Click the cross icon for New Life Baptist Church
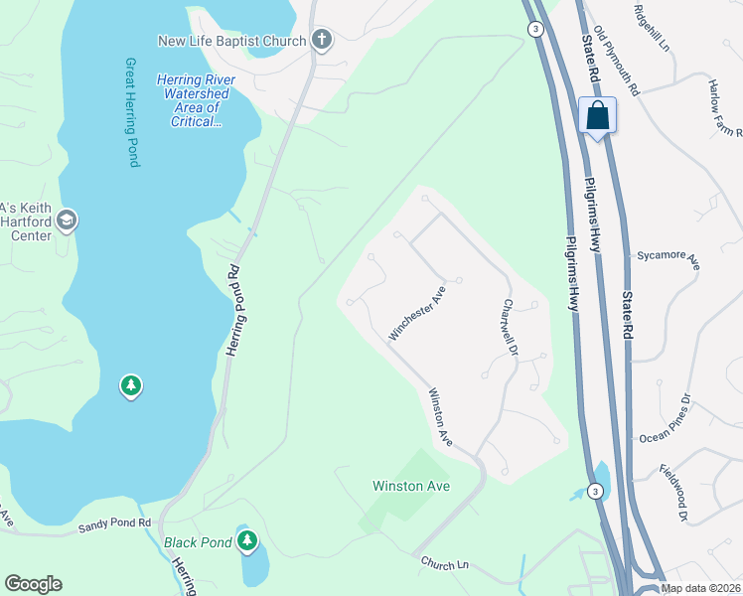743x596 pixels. click(321, 41)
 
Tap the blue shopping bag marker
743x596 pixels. click(597, 116)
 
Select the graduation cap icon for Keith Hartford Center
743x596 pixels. click(67, 221)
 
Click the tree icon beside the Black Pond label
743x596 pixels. click(247, 541)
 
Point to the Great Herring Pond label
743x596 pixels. click(131, 111)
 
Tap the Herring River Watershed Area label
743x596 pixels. click(193, 100)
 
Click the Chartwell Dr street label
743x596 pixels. click(512, 329)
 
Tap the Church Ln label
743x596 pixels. click(444, 564)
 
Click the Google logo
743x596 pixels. click(33, 584)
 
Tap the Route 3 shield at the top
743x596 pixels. click(535, 30)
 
